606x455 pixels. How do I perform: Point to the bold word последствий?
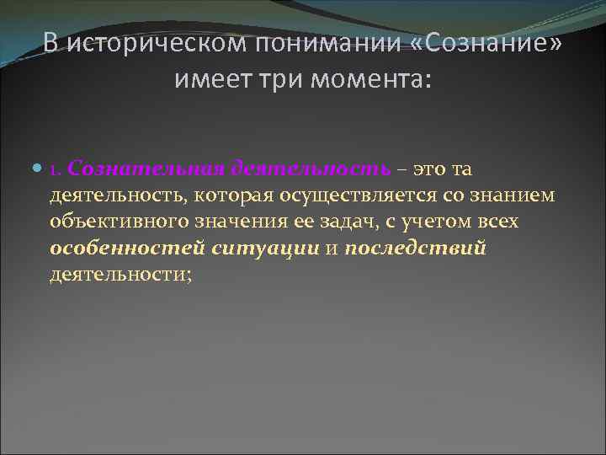(415, 250)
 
